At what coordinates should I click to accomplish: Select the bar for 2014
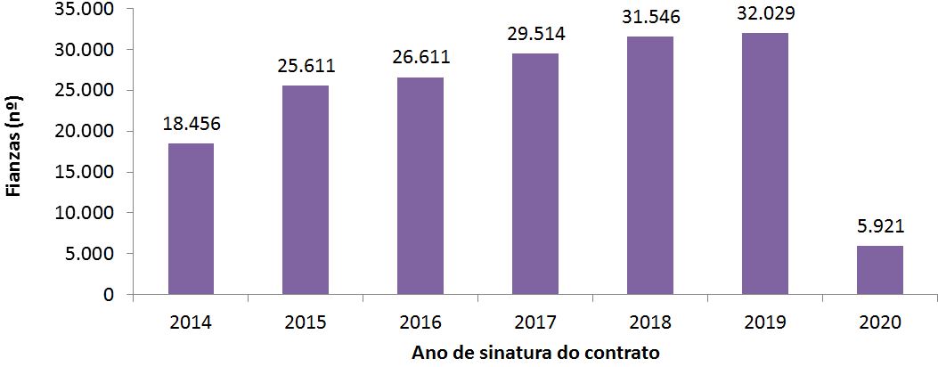191,218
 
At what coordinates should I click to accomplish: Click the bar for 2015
306,190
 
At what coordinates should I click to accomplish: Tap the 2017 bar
535,174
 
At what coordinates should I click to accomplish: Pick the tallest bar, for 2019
765,164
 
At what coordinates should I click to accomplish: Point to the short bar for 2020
880,270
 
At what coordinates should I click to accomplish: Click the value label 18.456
191,125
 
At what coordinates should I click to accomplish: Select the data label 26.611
420,58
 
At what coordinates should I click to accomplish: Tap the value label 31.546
650,18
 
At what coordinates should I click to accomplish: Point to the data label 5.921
880,226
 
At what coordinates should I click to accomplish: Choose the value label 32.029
765,14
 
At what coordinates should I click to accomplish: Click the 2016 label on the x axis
420,322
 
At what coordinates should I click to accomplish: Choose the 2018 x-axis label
650,322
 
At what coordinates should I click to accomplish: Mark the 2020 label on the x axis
880,322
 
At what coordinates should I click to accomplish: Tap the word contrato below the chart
622,353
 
